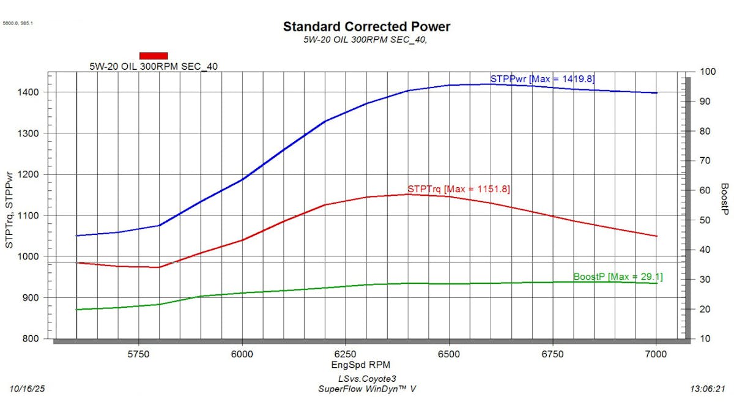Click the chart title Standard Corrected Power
pos(366,27)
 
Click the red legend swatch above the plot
pos(154,56)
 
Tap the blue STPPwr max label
pos(542,79)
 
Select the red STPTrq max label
pos(459,189)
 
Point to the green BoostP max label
pos(618,277)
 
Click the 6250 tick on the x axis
pos(346,354)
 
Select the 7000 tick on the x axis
pos(656,354)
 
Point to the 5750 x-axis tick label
pos(139,354)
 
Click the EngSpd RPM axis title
pos(365,365)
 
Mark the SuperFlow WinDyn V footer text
pos(367,389)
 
